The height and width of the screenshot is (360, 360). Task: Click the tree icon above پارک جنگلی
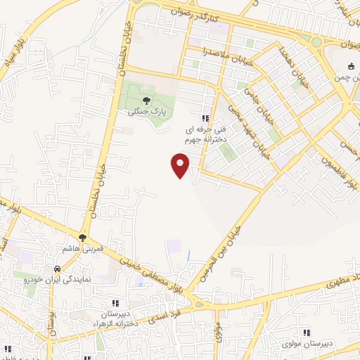tap(146, 100)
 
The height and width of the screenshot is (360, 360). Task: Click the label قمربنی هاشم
tap(83, 249)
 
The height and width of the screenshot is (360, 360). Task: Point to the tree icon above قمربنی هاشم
tap(83, 237)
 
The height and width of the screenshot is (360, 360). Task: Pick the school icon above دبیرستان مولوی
tap(306, 332)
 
